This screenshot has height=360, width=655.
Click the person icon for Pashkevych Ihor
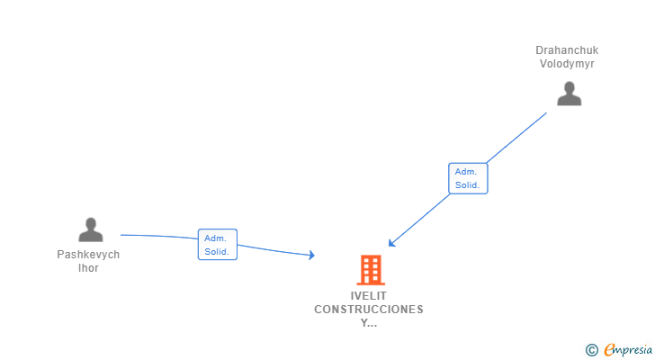click(x=91, y=230)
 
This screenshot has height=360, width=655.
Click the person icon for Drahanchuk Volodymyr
click(x=569, y=94)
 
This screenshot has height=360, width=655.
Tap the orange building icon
click(x=370, y=270)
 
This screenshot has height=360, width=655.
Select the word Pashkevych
click(x=88, y=255)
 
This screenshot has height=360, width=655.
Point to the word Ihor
click(x=88, y=268)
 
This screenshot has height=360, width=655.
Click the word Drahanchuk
click(x=567, y=50)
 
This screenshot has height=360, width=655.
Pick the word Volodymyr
click(x=567, y=64)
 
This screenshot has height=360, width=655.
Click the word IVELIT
click(x=369, y=296)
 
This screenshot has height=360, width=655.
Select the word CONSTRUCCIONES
click(x=369, y=310)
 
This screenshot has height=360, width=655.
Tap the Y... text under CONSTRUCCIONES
click(x=369, y=323)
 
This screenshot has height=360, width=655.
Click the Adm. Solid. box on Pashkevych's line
click(x=217, y=245)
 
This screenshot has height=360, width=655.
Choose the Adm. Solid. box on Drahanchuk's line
click(x=468, y=178)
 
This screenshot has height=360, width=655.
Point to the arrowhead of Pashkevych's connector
click(x=312, y=256)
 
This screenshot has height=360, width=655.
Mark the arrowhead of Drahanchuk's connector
click(x=391, y=243)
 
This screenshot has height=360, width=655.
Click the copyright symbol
click(x=591, y=350)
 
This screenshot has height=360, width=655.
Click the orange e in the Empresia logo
click(x=609, y=350)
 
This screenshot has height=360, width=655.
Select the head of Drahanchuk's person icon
click(x=569, y=87)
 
